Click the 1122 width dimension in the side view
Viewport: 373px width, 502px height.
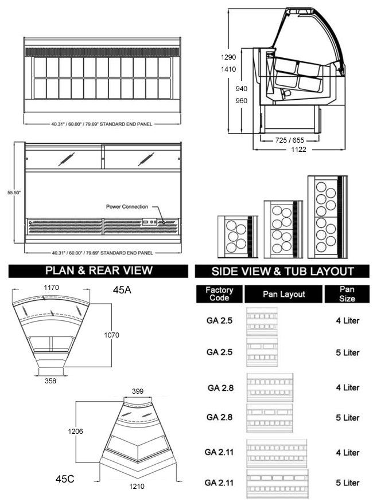point(298,150)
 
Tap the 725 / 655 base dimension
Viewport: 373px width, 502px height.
point(289,140)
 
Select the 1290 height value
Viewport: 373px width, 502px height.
point(228,57)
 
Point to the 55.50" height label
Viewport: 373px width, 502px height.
point(14,193)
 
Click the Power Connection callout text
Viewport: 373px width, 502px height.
point(127,207)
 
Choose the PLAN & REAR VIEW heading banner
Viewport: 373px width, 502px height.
point(98,271)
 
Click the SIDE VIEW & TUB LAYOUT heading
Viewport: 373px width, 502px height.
point(282,272)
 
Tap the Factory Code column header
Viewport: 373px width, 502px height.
point(219,294)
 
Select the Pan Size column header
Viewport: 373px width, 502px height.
point(347,294)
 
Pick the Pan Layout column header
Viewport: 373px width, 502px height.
point(284,294)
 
